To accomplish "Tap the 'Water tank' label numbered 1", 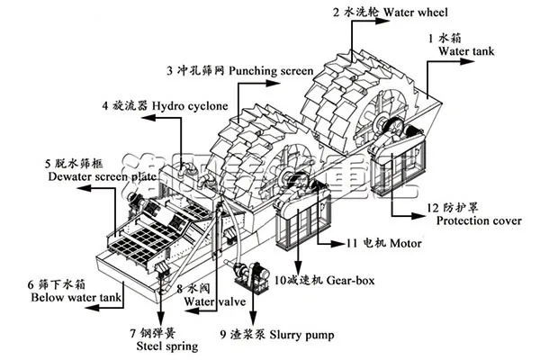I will [x=466, y=52].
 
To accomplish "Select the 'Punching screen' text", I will [x=269, y=69].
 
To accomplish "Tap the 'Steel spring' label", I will [x=157, y=343].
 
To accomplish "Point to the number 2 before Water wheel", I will [x=337, y=12].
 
